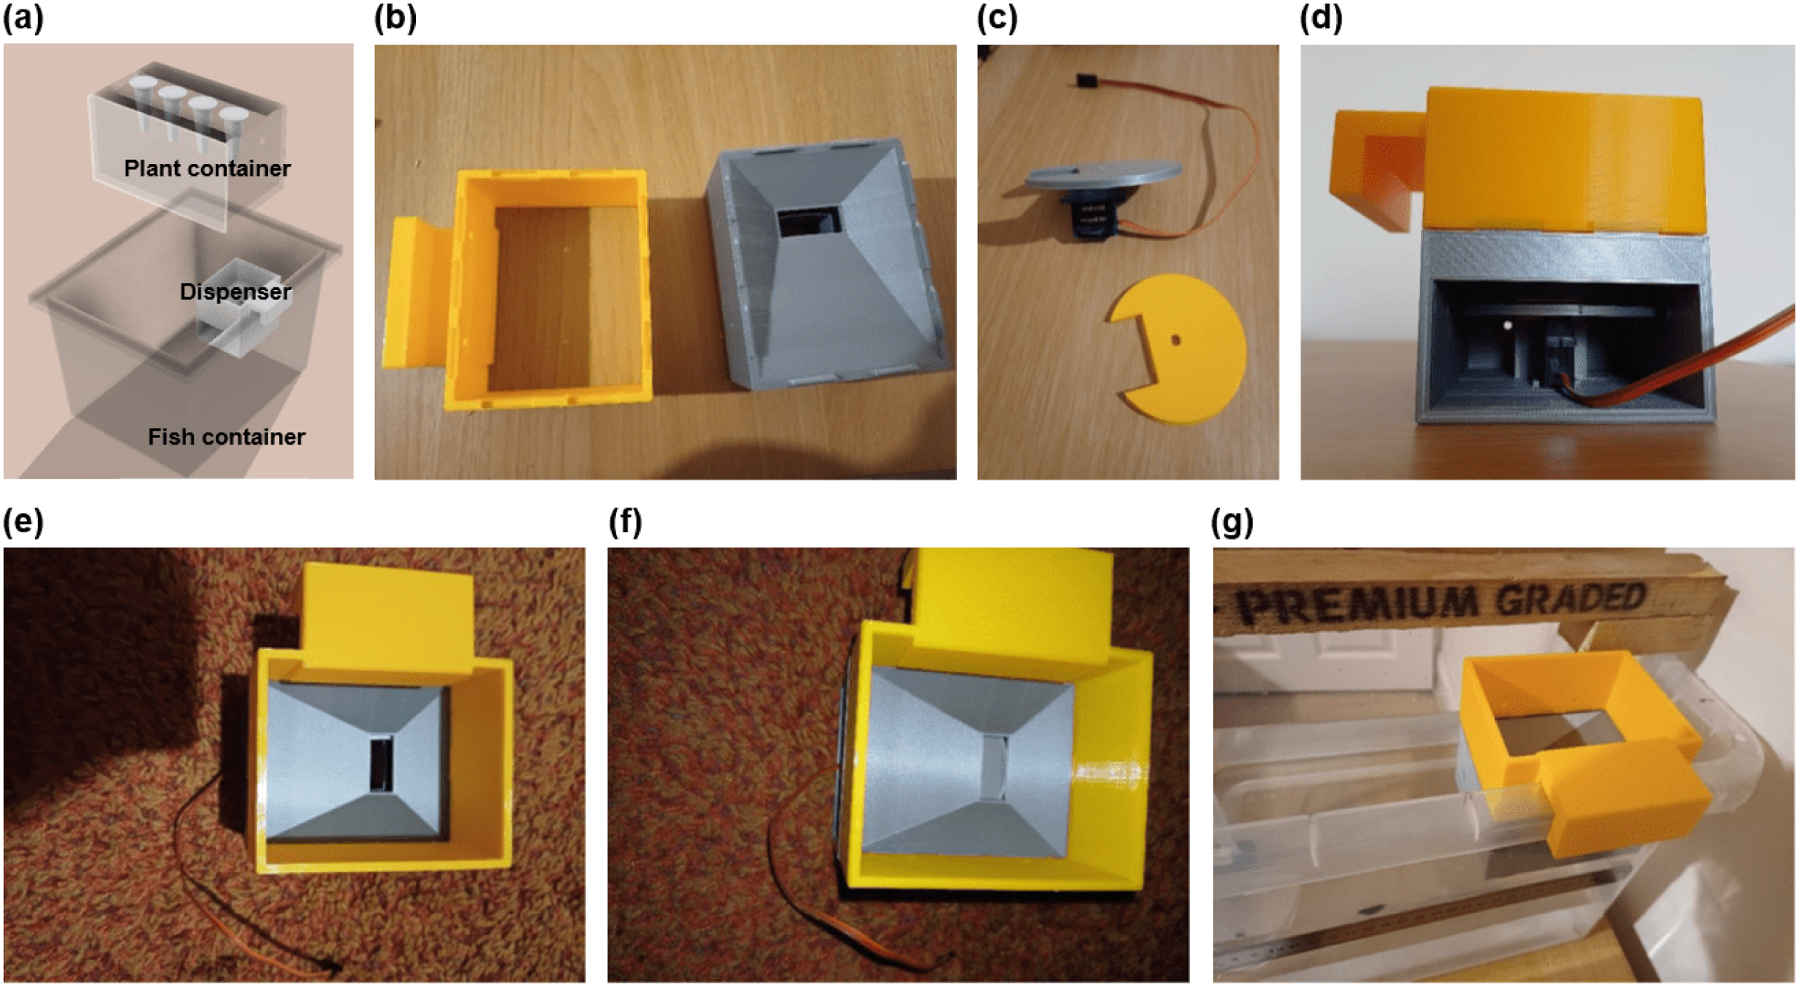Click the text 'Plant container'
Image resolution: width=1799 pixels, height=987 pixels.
pyautogui.click(x=208, y=168)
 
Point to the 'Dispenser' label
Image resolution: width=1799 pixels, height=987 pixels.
pyautogui.click(x=235, y=291)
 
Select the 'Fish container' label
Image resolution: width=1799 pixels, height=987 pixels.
pyautogui.click(x=226, y=437)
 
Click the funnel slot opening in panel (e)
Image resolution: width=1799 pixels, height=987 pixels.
pyautogui.click(x=382, y=764)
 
